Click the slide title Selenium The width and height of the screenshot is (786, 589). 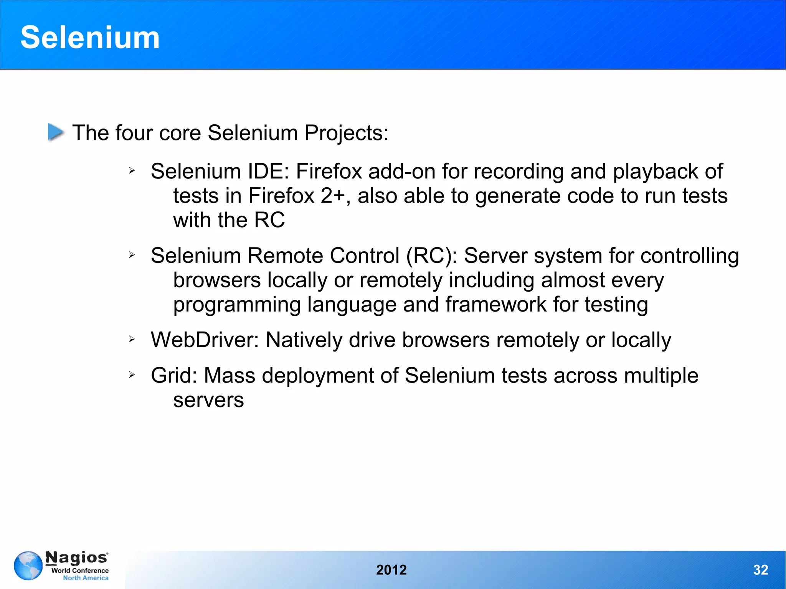point(90,37)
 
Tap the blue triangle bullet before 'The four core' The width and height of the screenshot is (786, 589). point(56,132)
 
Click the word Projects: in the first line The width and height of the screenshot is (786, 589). point(346,133)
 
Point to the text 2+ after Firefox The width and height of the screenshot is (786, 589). point(333,196)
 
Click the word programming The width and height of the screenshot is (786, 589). point(237,305)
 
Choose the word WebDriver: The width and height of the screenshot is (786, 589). point(205,340)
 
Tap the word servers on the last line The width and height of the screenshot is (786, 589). point(208,400)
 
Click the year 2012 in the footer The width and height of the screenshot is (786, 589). point(391,570)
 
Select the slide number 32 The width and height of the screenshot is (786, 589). point(760,570)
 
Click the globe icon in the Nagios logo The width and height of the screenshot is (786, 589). point(28,566)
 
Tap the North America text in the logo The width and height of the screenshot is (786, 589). point(86,578)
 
